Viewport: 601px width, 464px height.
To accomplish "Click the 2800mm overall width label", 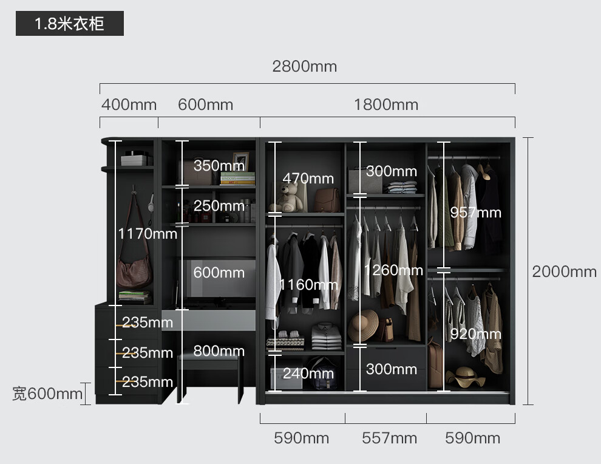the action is [x=304, y=66].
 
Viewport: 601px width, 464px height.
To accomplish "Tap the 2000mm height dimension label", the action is [x=564, y=271].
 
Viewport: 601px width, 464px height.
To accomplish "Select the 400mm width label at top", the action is [x=129, y=104].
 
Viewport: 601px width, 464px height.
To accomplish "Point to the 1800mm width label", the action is [x=386, y=104].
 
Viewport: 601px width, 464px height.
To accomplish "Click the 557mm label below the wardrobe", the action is [x=389, y=438].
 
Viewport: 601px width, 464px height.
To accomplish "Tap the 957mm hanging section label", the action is [x=475, y=212].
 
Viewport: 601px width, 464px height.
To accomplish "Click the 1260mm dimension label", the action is [x=393, y=269].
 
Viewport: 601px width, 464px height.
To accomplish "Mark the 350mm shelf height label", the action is [x=219, y=165].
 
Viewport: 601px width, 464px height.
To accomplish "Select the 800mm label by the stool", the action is [x=219, y=350].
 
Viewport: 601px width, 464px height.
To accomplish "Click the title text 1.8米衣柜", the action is [x=70, y=24].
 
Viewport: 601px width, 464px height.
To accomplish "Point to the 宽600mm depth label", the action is [x=47, y=394].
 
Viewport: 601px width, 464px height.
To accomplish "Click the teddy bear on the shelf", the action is [x=290, y=197].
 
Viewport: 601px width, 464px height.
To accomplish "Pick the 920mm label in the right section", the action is [x=475, y=333].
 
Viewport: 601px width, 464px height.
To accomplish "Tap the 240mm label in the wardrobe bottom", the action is [x=308, y=374].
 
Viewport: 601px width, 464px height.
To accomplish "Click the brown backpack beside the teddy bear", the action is [x=327, y=200].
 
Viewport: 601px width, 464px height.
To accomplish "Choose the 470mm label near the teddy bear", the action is [x=308, y=178].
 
